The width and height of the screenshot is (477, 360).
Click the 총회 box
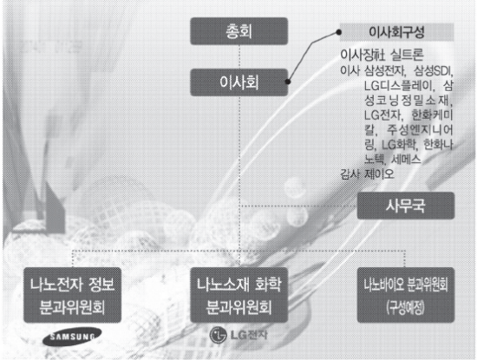click(238, 31)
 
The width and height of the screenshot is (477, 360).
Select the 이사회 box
click(238, 82)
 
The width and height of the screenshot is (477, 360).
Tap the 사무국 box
click(406, 206)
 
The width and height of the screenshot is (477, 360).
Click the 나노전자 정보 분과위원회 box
click(72, 295)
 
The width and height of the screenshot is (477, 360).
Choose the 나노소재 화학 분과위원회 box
click(238, 295)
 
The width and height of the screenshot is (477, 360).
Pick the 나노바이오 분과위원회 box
click(406, 295)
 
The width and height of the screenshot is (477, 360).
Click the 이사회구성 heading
click(396, 32)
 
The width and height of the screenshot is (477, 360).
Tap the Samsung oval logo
click(72, 337)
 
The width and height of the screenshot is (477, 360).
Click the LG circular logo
click(218, 335)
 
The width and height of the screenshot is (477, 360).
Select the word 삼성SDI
click(432, 71)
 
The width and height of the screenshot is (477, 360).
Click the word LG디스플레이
click(398, 86)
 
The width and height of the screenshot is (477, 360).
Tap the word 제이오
click(379, 174)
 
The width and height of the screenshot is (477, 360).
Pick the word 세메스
click(406, 159)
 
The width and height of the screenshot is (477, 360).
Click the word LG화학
click(398, 145)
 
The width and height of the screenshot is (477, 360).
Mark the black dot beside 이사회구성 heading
click(338, 32)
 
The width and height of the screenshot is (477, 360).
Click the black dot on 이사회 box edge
click(287, 82)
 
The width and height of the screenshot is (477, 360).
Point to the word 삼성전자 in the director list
click(384, 71)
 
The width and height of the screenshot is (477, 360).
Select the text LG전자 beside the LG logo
click(249, 335)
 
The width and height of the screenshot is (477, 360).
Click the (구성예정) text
click(406, 308)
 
